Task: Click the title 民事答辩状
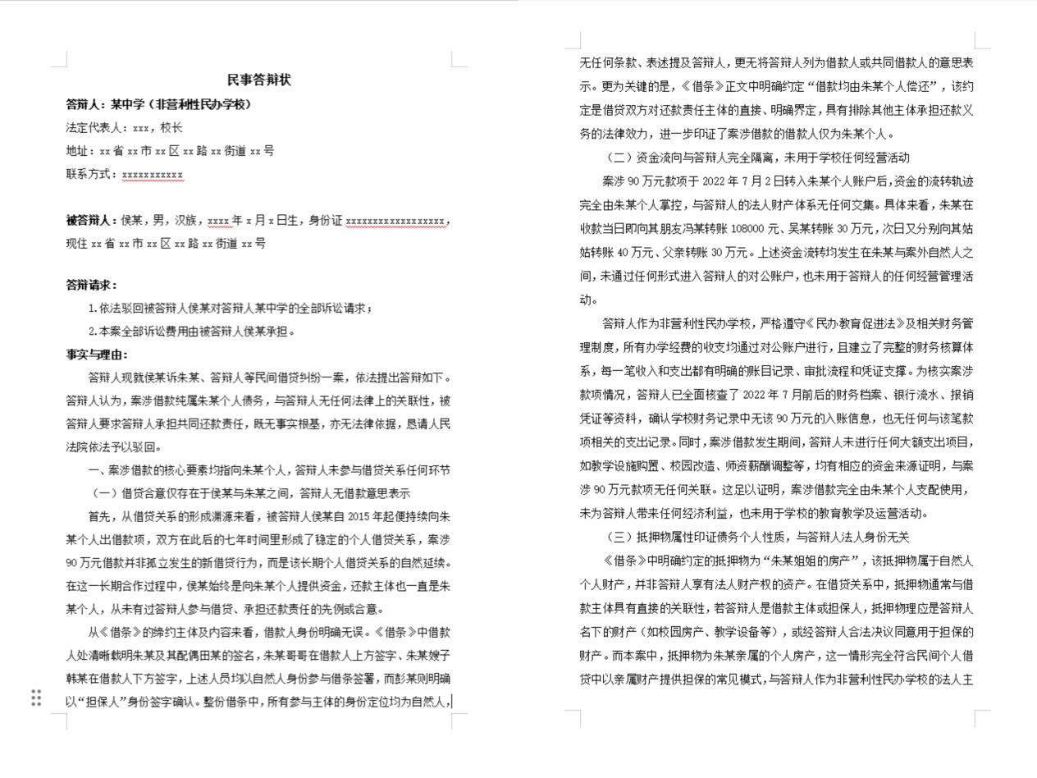coord(259,80)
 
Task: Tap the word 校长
coord(171,128)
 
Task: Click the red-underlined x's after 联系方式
coord(153,175)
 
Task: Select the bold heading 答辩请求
coord(91,286)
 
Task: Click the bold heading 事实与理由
coord(97,355)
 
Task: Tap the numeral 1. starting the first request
coord(93,309)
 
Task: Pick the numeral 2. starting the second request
coord(93,332)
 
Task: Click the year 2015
coord(360,517)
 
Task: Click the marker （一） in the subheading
coord(103,493)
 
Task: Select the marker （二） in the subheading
coord(619,158)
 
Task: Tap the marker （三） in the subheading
coord(619,537)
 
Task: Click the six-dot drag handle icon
coord(36,698)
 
